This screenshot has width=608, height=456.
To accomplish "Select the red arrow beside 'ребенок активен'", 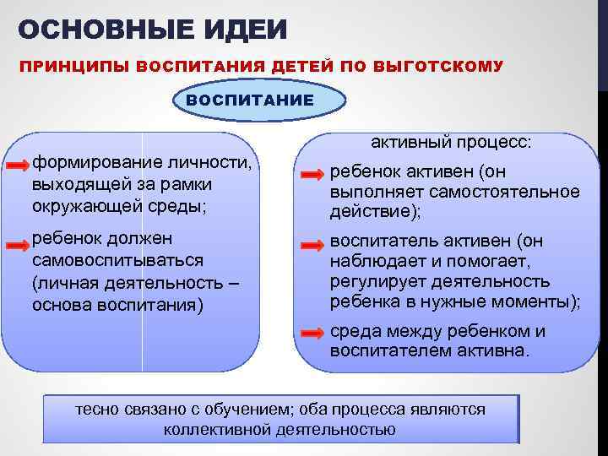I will pos(312,175).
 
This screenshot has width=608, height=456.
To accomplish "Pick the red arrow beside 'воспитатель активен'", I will pos(312,245).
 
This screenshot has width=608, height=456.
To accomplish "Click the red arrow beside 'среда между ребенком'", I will pos(312,333).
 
